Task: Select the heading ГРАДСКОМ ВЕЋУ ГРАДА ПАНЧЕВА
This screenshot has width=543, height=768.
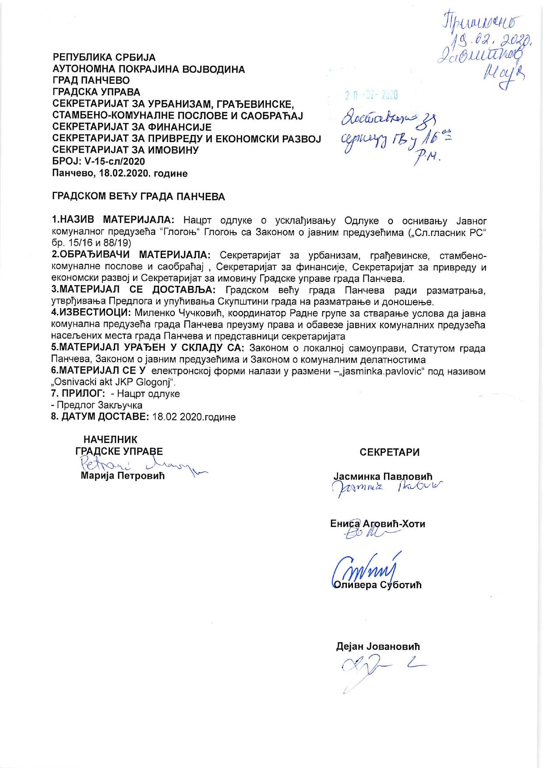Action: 139,197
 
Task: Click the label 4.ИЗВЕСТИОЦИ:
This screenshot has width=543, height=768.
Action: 92,313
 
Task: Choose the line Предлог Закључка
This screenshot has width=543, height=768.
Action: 98,405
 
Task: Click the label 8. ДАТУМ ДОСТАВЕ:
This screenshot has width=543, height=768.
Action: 101,417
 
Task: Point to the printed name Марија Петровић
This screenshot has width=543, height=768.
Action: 123,476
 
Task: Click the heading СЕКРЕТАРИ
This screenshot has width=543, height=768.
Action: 389,452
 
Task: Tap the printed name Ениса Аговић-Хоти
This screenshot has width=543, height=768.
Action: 377,524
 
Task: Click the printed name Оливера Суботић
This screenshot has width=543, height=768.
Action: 377,585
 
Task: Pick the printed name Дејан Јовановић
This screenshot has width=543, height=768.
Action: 378,647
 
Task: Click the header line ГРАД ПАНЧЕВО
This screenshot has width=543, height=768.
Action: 91,81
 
